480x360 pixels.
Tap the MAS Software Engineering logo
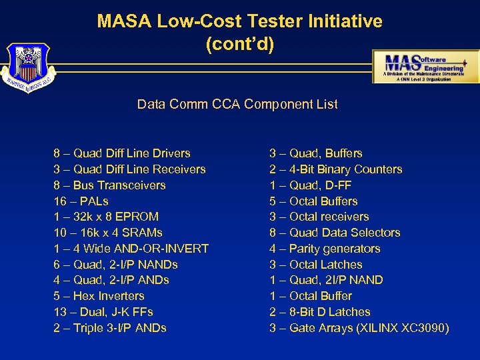coord(425,67)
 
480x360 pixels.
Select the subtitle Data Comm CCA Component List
coord(237,104)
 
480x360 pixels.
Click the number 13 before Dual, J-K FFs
coord(59,312)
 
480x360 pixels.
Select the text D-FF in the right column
coord(337,185)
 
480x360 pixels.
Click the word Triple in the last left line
coord(89,328)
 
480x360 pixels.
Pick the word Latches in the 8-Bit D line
coord(349,312)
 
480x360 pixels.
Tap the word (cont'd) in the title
coord(239,45)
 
